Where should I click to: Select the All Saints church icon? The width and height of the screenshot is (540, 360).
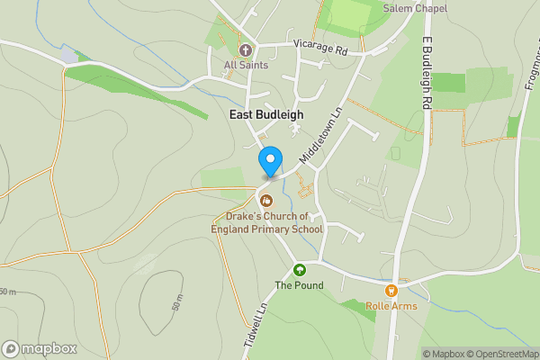click(x=245, y=49)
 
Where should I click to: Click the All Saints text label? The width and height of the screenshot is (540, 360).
click(x=245, y=65)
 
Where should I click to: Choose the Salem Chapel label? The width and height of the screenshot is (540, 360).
click(x=415, y=8)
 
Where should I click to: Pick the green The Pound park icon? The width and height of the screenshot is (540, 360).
click(x=299, y=269)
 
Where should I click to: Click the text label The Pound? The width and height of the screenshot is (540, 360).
click(x=299, y=286)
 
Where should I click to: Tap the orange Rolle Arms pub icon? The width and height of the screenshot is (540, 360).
click(x=391, y=290)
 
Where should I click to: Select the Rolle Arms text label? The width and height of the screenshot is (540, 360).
click(x=391, y=307)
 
